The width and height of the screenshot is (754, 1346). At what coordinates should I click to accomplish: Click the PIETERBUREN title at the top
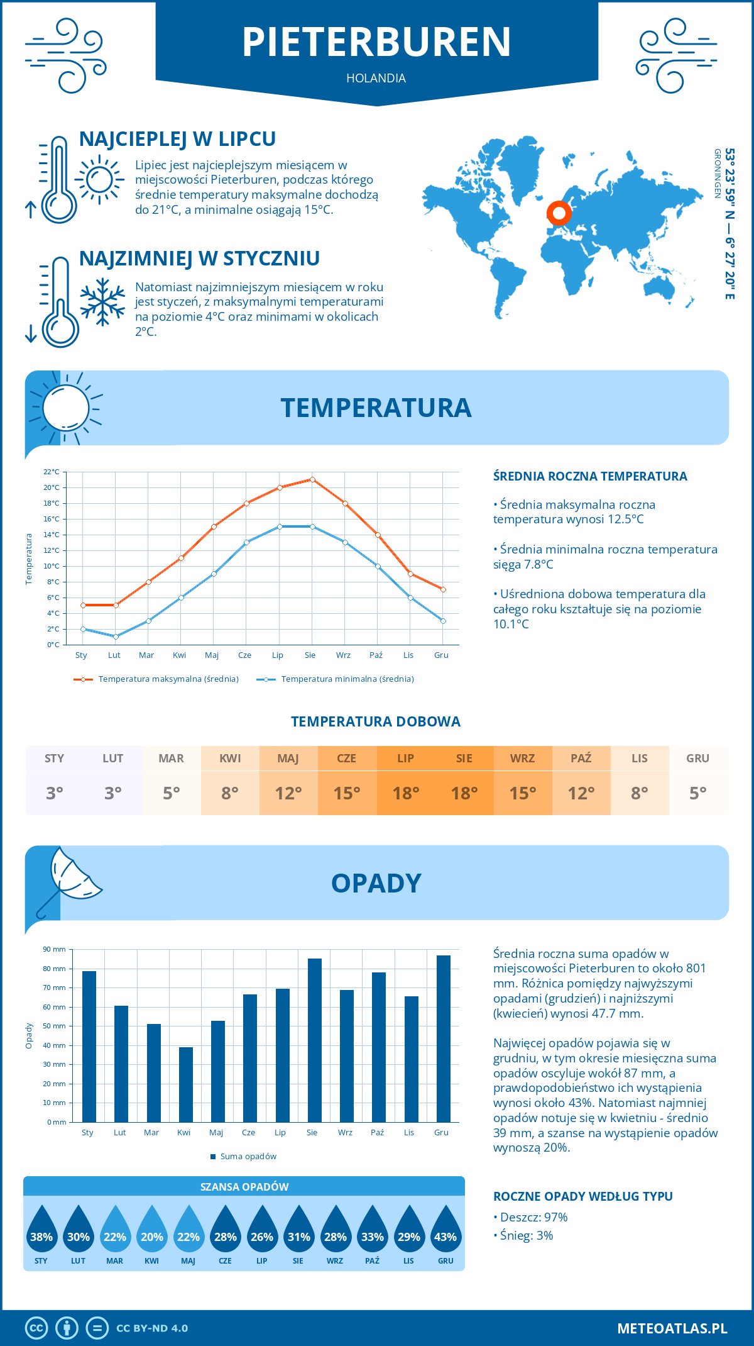point(376,42)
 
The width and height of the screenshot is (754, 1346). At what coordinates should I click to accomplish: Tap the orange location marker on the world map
point(559,213)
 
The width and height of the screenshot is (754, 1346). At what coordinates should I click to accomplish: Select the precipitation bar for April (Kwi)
point(186,1084)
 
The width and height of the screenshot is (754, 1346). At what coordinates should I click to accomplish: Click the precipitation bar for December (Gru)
point(444,1038)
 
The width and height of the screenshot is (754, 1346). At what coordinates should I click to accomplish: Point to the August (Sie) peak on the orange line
point(312,479)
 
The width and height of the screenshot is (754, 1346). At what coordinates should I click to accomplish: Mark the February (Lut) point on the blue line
point(116,637)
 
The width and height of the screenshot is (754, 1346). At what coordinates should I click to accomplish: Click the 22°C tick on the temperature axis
point(52,472)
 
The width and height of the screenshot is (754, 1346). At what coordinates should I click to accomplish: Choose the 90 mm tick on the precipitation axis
point(55,949)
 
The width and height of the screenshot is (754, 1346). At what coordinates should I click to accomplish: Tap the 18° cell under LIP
point(406,793)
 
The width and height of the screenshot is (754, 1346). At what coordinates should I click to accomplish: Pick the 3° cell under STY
point(55,793)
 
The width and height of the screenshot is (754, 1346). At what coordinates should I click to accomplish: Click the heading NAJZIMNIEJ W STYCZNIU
point(199,259)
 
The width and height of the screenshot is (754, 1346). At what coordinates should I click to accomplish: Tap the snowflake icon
point(102,302)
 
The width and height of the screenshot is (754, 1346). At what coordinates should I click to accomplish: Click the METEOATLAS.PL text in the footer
point(672,1328)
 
